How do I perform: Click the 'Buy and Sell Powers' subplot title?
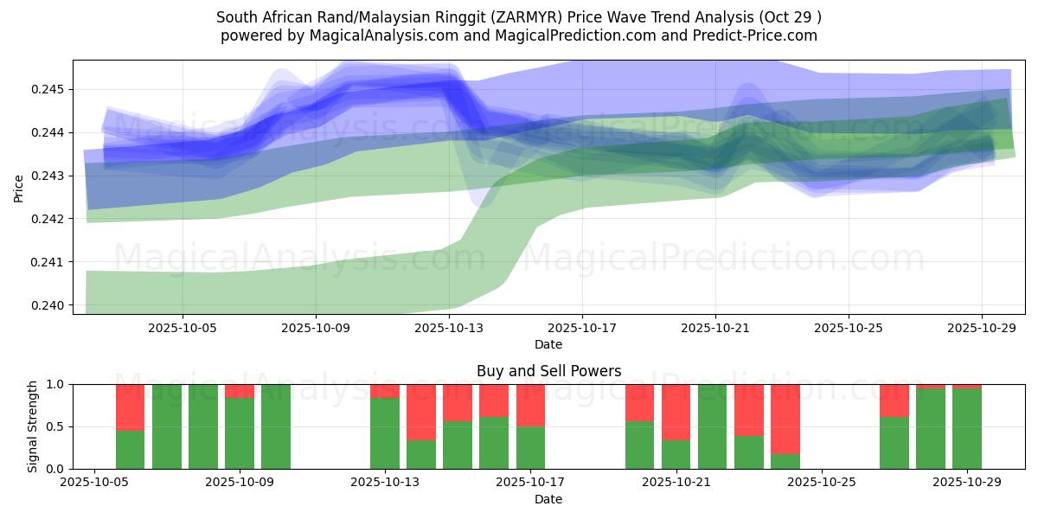coord(548,371)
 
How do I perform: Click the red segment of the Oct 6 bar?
coord(130,407)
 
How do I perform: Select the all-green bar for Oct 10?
coord(276,426)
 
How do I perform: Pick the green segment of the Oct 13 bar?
coord(385,433)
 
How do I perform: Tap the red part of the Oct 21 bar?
coord(676,412)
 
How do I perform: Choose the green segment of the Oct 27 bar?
coord(894,443)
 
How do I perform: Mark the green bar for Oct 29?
coord(967,429)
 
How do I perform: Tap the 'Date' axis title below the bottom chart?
coord(548,499)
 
